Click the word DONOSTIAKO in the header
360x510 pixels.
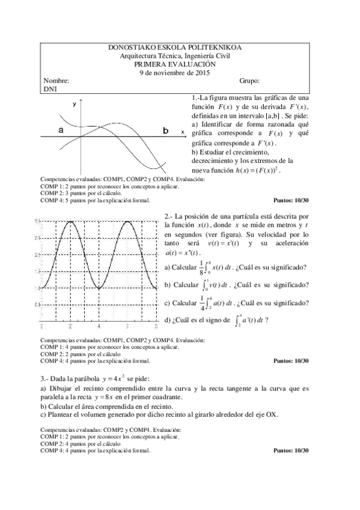(x=127, y=47)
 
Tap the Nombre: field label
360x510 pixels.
(x=56, y=81)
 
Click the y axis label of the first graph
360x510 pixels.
(x=75, y=104)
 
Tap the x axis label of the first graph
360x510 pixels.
(x=183, y=130)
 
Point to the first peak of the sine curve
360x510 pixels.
(x=71, y=222)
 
